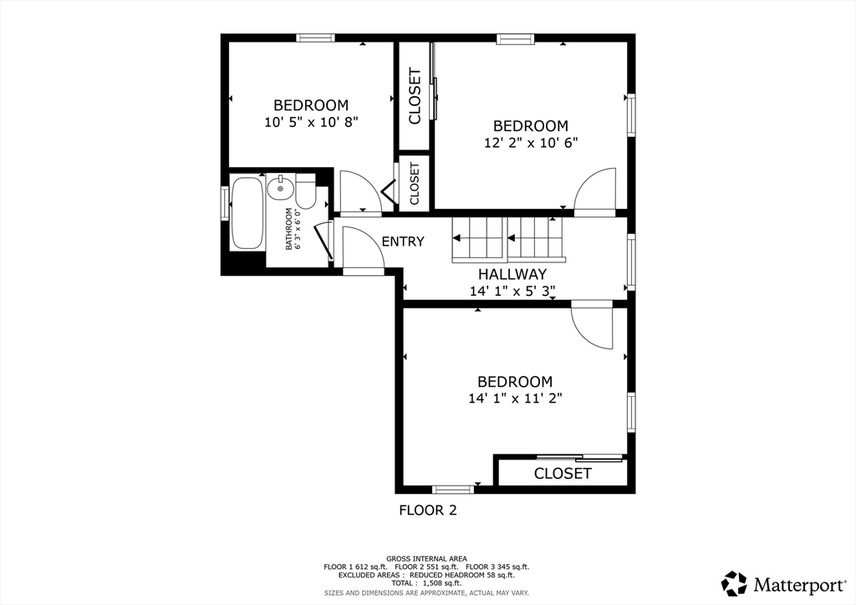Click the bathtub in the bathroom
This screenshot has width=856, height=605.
pos(247,213)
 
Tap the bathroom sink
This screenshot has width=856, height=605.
pos(281,188)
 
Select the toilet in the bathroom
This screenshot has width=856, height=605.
pos(306,191)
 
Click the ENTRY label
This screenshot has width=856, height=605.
pos(403,241)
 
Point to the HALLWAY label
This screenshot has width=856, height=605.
pos(512,274)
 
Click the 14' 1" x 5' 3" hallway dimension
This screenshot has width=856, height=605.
pos(512,291)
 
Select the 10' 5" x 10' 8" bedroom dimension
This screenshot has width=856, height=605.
pos(311,122)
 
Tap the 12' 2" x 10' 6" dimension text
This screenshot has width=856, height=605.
pos(531,142)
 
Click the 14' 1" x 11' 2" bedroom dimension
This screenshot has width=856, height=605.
pos(515,399)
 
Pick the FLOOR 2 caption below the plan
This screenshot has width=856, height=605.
pos(428,510)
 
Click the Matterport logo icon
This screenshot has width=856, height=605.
pos(734,584)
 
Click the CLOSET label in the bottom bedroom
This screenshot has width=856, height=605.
pos(563,473)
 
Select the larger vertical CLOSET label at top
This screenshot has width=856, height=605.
pos(415,96)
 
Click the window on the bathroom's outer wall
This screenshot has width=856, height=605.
pos(224,204)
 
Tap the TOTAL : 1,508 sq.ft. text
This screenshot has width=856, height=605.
pos(426,583)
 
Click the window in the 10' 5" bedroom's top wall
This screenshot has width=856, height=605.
pos(315,38)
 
